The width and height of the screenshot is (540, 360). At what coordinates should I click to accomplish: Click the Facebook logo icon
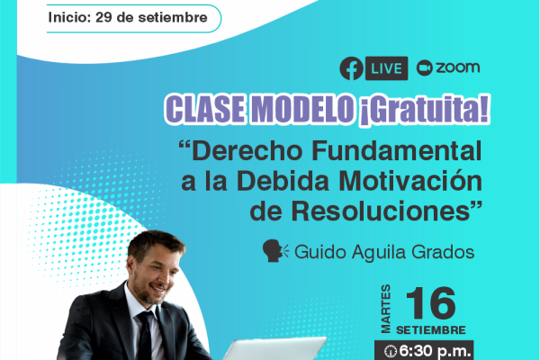click(351, 68)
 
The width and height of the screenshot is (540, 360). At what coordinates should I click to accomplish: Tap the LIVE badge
click(386, 68)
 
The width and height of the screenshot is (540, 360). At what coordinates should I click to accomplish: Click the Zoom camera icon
click(424, 67)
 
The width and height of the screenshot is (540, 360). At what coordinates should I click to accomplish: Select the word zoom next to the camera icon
click(458, 67)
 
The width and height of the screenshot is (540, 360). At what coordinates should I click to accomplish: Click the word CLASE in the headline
click(206, 109)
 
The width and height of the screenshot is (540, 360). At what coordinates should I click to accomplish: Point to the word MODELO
click(302, 109)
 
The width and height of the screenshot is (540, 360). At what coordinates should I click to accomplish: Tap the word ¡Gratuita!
click(424, 110)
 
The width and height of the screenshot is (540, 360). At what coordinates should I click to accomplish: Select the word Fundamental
click(396, 151)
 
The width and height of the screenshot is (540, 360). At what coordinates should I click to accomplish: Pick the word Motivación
click(410, 181)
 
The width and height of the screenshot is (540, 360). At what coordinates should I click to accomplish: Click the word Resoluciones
click(381, 211)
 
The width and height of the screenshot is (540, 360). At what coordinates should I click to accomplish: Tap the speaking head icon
click(275, 251)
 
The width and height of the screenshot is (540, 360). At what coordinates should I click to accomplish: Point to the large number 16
click(431, 303)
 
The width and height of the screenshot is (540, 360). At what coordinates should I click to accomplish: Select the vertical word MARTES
click(386, 309)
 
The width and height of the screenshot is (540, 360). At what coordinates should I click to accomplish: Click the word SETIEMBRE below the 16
click(431, 330)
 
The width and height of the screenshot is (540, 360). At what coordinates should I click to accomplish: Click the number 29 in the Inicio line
click(103, 17)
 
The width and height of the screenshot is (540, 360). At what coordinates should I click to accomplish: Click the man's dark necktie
click(145, 336)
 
